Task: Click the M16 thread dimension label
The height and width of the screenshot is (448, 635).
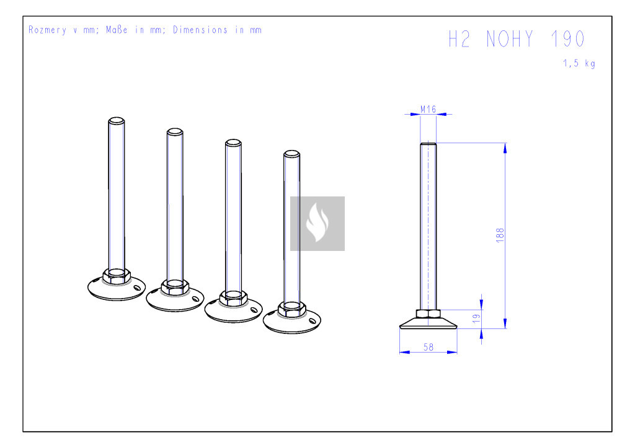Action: [x=428, y=109]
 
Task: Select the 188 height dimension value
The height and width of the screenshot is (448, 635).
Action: [x=500, y=235]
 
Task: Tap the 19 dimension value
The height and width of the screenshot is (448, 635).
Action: [x=477, y=318]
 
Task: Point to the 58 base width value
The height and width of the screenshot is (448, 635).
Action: [x=429, y=347]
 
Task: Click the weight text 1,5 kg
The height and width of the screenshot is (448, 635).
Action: [x=579, y=63]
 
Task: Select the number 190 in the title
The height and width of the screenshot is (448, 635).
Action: [x=568, y=39]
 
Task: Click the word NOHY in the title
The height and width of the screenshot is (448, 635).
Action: [x=510, y=39]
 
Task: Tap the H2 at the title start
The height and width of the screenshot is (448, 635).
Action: [x=460, y=39]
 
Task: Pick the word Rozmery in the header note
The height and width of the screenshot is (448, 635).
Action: [x=47, y=30]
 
